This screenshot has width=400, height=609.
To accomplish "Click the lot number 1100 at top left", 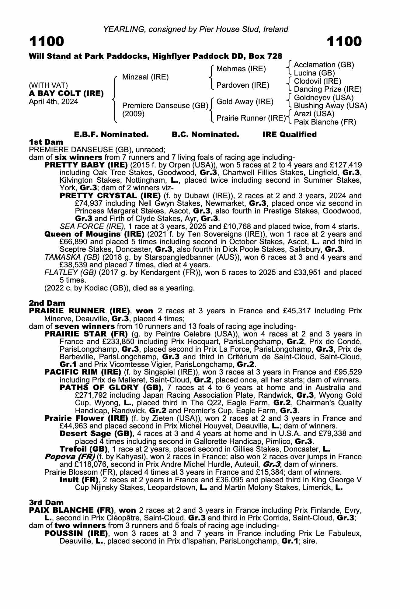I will pyautogui.click(x=47, y=41).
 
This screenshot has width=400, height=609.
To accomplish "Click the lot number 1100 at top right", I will pyautogui.click(x=344, y=41).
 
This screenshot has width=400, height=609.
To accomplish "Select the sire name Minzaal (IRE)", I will pyautogui.click(x=145, y=77).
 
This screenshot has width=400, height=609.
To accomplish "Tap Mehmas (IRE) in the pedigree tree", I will pyautogui.click(x=241, y=69).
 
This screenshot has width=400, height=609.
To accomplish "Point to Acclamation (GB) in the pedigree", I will pyautogui.click(x=324, y=65).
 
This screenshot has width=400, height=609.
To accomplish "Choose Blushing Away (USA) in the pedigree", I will pyautogui.click(x=330, y=106).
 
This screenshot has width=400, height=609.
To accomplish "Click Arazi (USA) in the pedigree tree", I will pyautogui.click(x=314, y=114).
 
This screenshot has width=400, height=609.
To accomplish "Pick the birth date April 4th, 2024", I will pyautogui.click(x=53, y=102).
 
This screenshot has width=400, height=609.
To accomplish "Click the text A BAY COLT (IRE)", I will pyautogui.click(x=66, y=93).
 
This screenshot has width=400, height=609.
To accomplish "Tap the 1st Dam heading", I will pyautogui.click(x=46, y=142).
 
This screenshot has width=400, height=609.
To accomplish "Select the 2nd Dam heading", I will pyautogui.click(x=47, y=303).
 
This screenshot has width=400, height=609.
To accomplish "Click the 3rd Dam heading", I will pyautogui.click(x=47, y=502).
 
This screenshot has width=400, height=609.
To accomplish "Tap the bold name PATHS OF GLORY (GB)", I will pyautogui.click(x=110, y=388).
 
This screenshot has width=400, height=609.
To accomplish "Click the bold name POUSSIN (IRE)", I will pyautogui.click(x=76, y=533).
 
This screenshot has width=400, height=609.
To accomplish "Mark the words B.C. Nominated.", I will pyautogui.click(x=205, y=135).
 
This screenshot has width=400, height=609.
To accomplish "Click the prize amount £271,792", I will pyautogui.click(x=90, y=395).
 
